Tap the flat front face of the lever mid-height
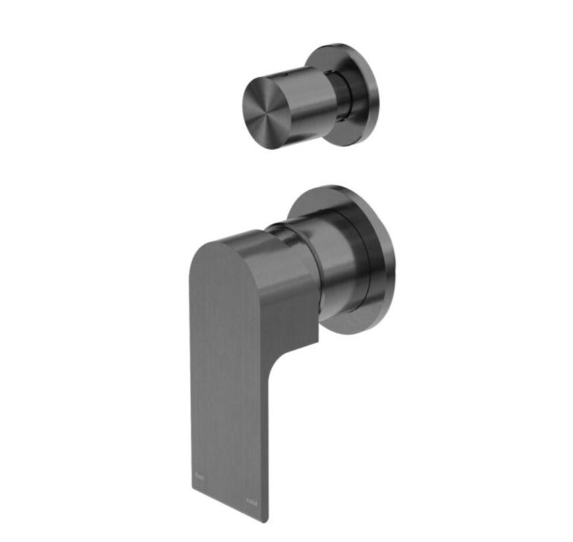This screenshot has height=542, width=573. [x=224, y=383]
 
